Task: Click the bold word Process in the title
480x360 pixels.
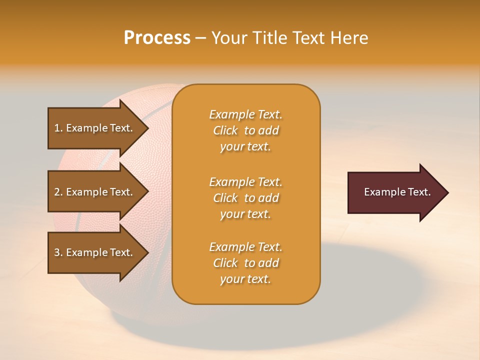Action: click(x=157, y=38)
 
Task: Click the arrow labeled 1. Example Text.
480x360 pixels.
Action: click(x=95, y=128)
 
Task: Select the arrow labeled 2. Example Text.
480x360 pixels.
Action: click(x=95, y=192)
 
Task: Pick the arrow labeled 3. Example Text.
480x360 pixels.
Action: click(x=95, y=252)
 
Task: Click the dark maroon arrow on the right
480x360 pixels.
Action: click(x=395, y=192)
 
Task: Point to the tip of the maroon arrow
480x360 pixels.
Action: click(x=446, y=192)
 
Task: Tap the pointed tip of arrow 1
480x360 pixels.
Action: click(x=147, y=128)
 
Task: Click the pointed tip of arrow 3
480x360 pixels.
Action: click(x=147, y=252)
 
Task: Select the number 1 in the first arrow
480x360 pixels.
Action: click(x=57, y=128)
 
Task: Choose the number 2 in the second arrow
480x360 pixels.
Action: click(x=57, y=192)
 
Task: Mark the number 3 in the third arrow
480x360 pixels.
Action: click(x=57, y=252)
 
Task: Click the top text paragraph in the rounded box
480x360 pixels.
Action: click(x=245, y=130)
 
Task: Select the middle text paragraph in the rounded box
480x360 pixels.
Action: click(x=245, y=198)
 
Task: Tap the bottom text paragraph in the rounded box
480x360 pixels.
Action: click(x=245, y=263)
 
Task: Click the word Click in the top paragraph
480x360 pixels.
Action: click(x=225, y=131)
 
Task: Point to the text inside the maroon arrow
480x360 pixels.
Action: click(x=397, y=192)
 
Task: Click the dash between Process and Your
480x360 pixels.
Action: click(x=201, y=38)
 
